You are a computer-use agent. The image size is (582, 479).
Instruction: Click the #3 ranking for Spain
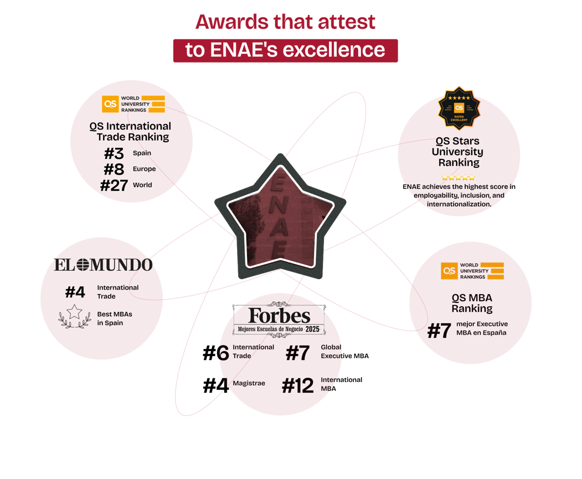tap(114, 153)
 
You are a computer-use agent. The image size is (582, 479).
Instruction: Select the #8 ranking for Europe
tap(114, 169)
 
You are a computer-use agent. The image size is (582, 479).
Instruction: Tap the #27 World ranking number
tap(114, 185)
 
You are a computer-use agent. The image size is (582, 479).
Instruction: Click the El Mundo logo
tap(103, 265)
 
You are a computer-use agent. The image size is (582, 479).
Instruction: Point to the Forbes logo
tap(279, 316)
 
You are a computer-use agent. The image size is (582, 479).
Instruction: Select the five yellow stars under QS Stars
tap(458, 177)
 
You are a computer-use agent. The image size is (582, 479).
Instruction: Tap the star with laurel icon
tap(75, 317)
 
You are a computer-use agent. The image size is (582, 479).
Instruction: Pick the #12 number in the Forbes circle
tap(298, 386)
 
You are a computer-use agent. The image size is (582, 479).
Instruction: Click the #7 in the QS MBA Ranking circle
tap(439, 331)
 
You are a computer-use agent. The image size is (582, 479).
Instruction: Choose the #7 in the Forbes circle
tap(297, 353)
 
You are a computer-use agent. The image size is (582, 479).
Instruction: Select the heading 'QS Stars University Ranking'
tap(458, 152)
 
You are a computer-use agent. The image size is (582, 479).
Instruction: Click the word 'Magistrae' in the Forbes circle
tap(249, 383)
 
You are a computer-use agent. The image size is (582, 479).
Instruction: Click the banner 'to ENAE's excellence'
tap(285, 50)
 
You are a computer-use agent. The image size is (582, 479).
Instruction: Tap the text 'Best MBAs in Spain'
tap(115, 318)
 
